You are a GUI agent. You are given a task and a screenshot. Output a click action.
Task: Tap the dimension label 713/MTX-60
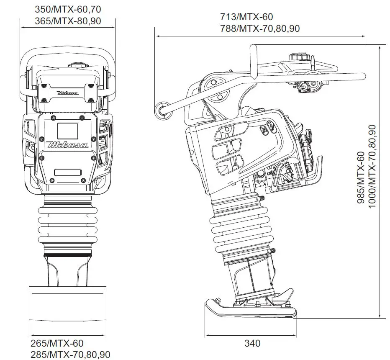(246, 17)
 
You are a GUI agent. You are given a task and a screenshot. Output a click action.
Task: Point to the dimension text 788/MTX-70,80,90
(259, 28)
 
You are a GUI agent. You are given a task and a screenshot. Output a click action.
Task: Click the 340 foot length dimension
(252, 344)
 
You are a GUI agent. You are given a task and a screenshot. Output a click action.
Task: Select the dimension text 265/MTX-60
(56, 344)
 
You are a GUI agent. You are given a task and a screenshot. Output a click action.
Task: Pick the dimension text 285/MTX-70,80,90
(70, 355)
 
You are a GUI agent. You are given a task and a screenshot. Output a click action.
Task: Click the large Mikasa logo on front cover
(68, 144)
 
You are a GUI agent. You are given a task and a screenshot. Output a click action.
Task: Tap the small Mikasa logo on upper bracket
(67, 92)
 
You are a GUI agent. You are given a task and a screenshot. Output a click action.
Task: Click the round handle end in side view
(160, 109)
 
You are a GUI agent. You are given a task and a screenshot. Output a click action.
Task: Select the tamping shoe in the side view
(251, 308)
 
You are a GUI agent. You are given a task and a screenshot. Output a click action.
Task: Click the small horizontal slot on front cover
(67, 172)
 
